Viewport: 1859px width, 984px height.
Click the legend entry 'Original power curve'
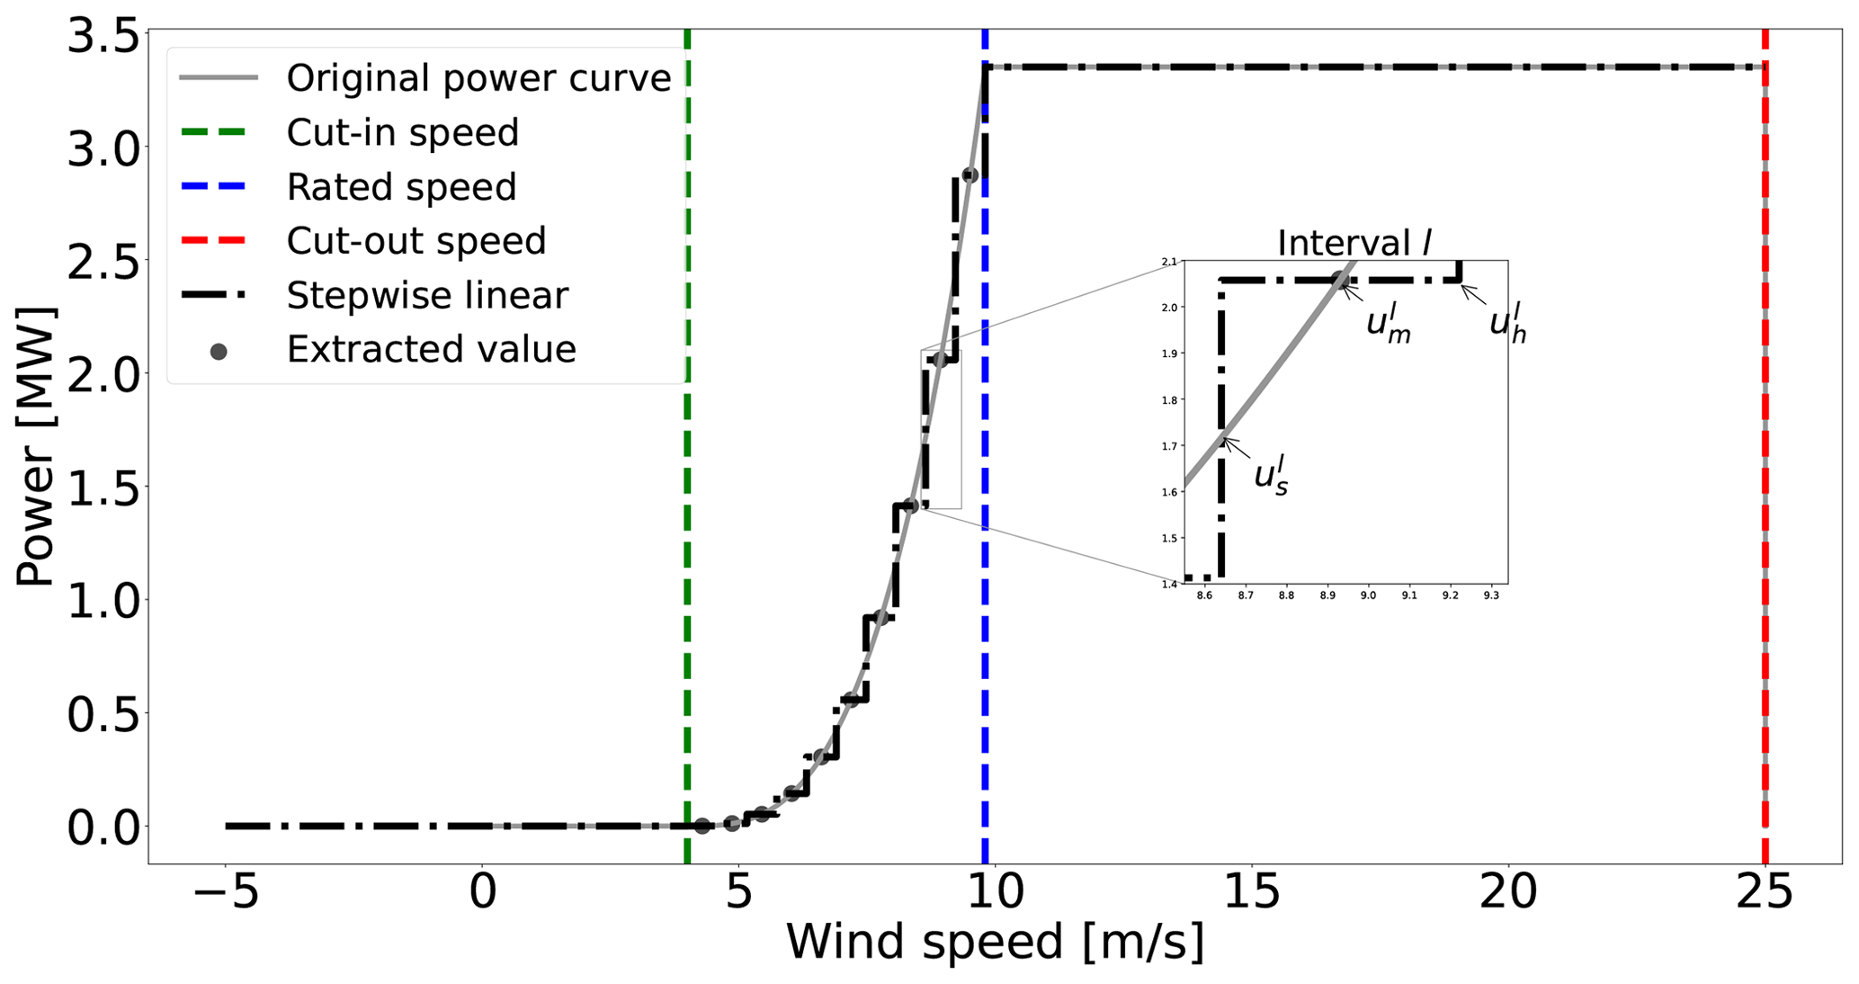[478, 78]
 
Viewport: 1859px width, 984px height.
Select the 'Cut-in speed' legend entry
[402, 132]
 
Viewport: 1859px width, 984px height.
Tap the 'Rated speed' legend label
[401, 187]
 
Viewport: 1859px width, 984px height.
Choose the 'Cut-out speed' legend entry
[416, 241]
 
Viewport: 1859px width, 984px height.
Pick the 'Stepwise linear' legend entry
[427, 295]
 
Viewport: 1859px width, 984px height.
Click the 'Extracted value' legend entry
[431, 349]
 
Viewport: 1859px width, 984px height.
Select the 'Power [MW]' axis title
[36, 447]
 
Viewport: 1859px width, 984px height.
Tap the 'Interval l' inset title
[1354, 243]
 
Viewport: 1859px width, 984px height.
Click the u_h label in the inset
[1507, 324]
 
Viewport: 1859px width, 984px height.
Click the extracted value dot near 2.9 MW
[970, 175]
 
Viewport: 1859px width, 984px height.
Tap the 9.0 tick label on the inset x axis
[1368, 595]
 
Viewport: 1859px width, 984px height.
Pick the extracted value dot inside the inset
[1338, 280]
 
